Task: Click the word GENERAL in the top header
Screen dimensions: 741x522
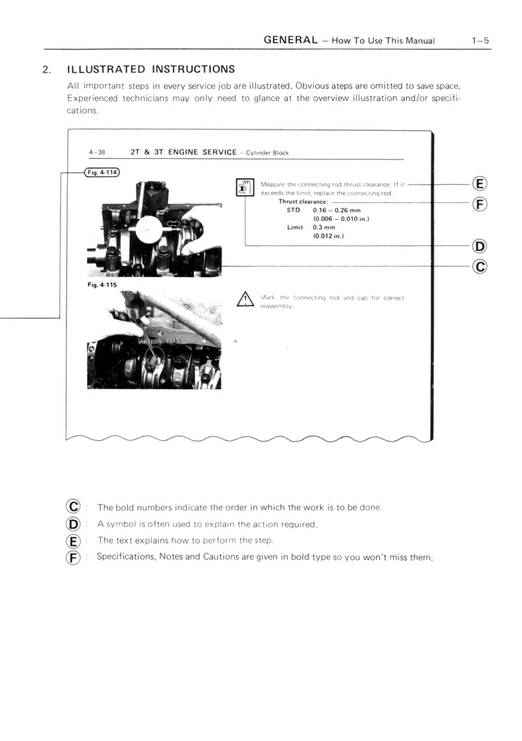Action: point(290,40)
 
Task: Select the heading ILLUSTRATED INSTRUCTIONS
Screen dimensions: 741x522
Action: point(150,70)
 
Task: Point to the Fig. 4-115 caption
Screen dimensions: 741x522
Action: point(102,283)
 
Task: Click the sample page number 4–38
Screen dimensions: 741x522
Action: point(97,152)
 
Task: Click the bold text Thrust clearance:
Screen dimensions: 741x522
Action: point(303,201)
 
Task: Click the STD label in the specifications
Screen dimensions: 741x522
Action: point(294,210)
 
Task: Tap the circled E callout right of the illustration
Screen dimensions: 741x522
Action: point(479,184)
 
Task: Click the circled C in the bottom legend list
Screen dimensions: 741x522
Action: point(73,507)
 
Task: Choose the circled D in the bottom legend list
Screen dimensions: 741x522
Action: point(73,524)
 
